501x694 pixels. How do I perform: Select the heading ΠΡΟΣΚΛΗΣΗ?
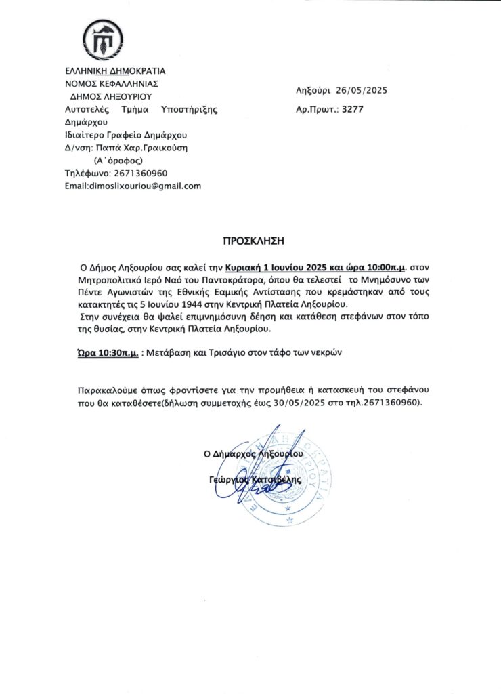click(x=250, y=240)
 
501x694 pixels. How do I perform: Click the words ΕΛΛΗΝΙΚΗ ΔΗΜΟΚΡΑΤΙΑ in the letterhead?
click(x=115, y=70)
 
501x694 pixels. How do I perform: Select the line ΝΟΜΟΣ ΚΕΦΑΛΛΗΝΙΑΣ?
click(x=111, y=83)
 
